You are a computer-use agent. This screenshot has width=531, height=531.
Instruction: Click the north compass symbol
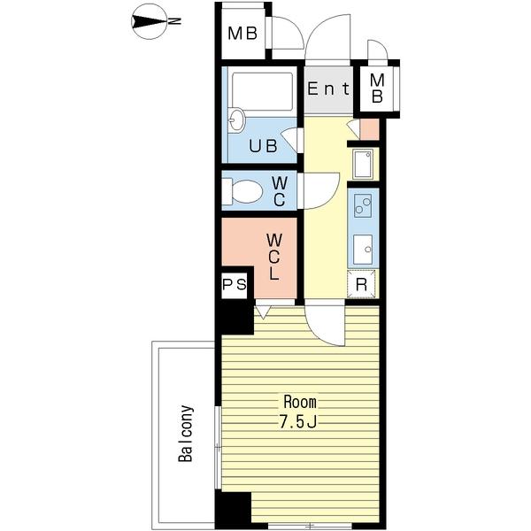(x=149, y=21)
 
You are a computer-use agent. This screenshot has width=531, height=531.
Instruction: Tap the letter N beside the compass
(x=174, y=21)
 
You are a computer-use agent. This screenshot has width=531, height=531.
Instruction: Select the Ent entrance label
(x=327, y=89)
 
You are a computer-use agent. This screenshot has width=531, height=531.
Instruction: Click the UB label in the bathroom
(x=263, y=146)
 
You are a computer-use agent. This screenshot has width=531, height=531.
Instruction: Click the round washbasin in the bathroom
(x=236, y=119)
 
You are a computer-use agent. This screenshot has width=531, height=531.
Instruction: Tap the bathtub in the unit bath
(x=263, y=91)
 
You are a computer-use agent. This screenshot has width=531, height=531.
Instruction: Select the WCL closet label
(x=274, y=257)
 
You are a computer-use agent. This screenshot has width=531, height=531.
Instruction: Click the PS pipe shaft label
(x=235, y=284)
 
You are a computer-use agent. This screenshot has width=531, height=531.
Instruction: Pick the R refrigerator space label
(x=361, y=285)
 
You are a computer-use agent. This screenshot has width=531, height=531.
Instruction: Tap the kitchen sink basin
(x=363, y=250)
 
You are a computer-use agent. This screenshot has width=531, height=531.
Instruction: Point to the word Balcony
(x=186, y=434)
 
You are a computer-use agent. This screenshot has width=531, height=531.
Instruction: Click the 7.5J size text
(x=297, y=422)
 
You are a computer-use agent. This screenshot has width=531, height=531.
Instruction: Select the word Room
(x=300, y=402)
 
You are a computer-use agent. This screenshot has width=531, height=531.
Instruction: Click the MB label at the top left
(x=242, y=34)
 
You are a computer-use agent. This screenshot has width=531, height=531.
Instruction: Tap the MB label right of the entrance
(x=377, y=88)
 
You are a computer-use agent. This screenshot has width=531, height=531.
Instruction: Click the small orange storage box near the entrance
(x=369, y=129)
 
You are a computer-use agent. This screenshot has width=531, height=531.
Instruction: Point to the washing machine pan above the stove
(x=363, y=164)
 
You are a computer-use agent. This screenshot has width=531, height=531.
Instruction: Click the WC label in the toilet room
(x=280, y=192)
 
